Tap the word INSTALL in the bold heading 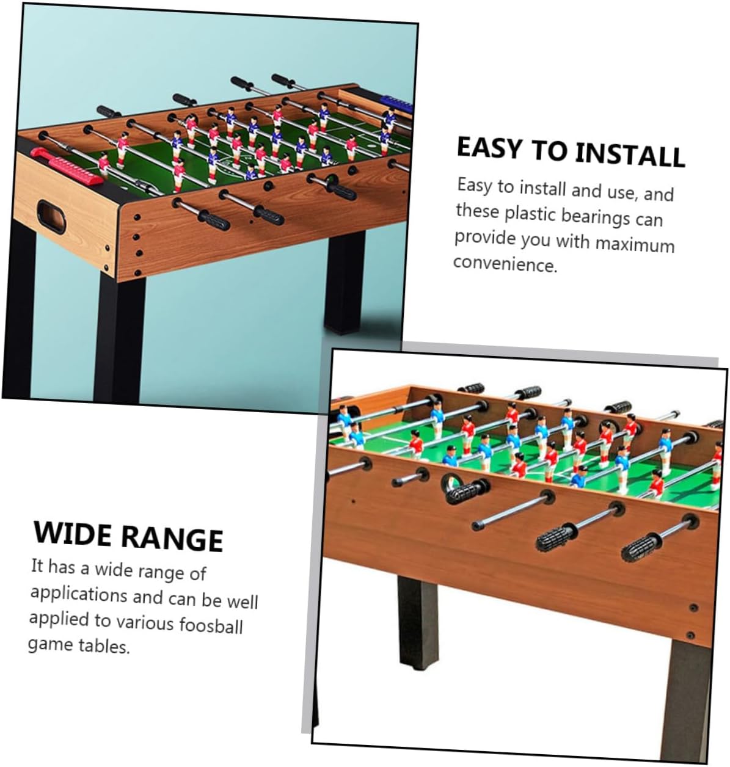pyautogui.click(x=630, y=154)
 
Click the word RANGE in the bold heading pyautogui.click(x=172, y=538)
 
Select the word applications pyautogui.click(x=79, y=594)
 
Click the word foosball pyautogui.click(x=211, y=625)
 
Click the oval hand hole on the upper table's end pyautogui.click(x=51, y=217)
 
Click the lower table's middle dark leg pyautogui.click(x=417, y=623)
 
